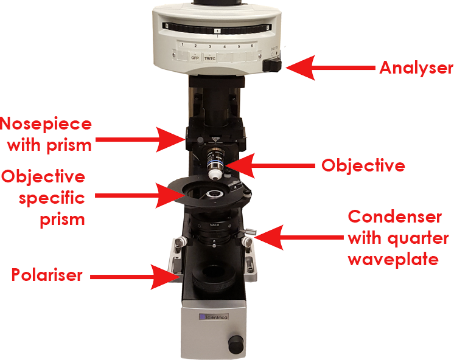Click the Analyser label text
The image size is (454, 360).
416,68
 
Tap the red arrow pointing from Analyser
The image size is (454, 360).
330,67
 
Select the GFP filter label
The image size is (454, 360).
195,58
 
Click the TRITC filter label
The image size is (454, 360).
210,58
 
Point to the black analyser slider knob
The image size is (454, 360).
272,66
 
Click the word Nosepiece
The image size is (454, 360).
46,124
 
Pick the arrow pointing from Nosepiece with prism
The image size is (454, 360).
140,139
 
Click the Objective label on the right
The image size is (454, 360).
363,166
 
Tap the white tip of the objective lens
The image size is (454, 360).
215,174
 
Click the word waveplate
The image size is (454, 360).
393,259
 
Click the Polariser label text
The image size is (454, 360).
47,275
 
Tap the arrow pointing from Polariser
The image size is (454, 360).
134,277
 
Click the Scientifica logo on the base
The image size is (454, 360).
214,317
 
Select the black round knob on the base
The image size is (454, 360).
236,344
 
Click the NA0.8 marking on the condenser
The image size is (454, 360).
214,224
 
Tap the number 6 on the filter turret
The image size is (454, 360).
252,46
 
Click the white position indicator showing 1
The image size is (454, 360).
217,30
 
